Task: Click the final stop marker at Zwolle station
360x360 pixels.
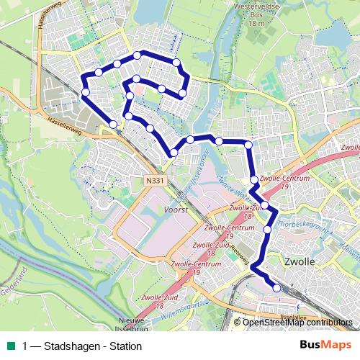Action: pos(276,289)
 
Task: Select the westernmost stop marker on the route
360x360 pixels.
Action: pos(85,92)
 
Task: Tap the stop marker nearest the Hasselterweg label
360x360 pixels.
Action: pos(113,125)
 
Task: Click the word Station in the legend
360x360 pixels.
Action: pos(122,346)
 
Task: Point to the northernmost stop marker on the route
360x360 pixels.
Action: pos(137,55)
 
